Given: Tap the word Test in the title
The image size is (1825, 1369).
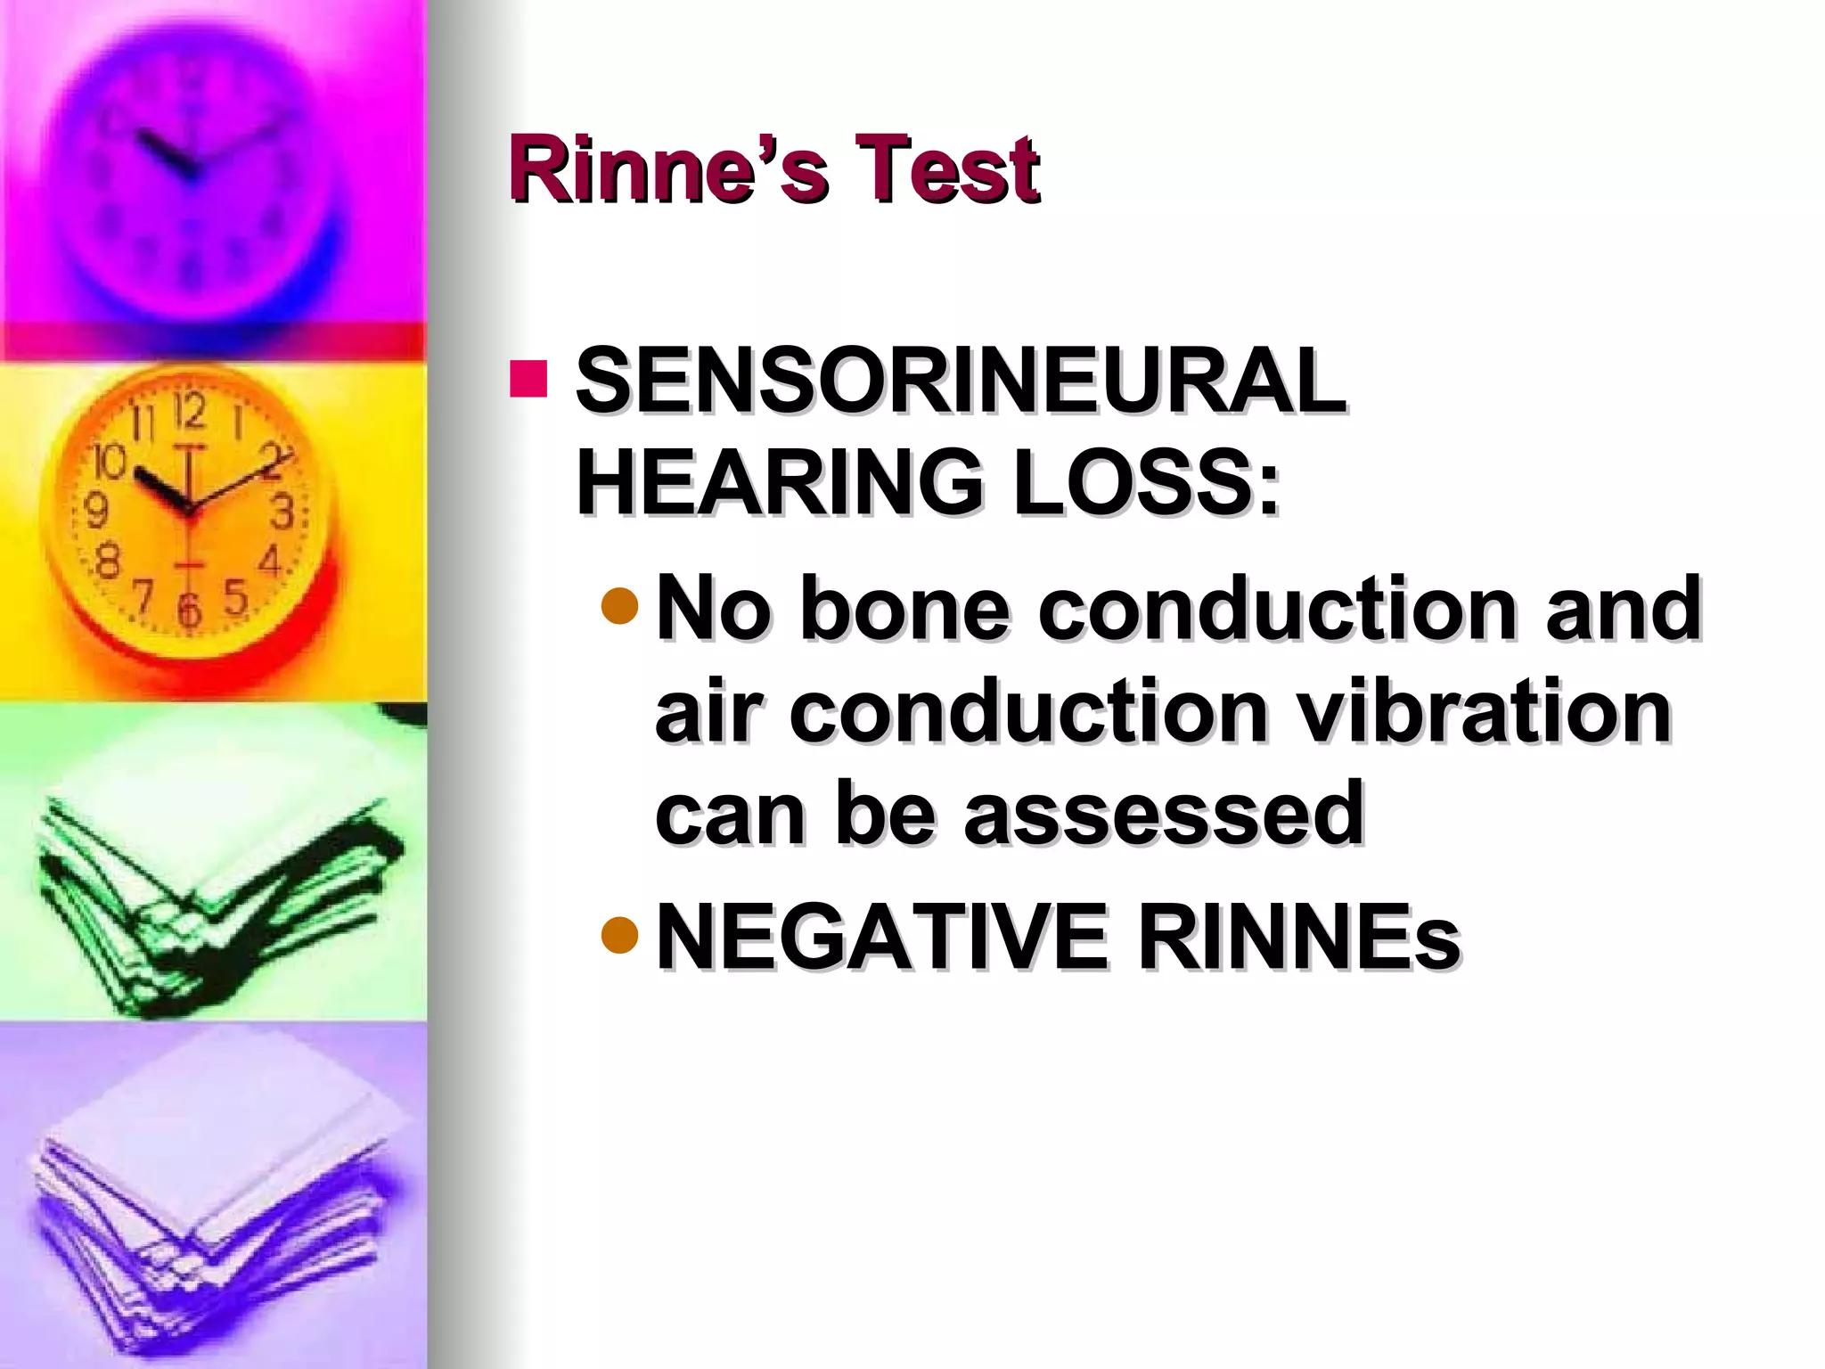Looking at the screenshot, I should pos(946,169).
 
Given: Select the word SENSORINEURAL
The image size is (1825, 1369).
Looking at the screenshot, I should pos(961,381).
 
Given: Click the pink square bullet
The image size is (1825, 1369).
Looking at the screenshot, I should pos(528,379).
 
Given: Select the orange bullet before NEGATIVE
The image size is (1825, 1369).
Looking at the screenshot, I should pos(620,934).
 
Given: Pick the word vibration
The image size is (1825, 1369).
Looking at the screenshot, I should pos(1483,710).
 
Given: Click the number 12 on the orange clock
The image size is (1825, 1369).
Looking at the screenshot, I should pos(189,412).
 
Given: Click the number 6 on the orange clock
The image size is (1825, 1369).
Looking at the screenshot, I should pos(188,611).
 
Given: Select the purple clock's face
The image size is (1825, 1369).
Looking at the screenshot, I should pos(192,174).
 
